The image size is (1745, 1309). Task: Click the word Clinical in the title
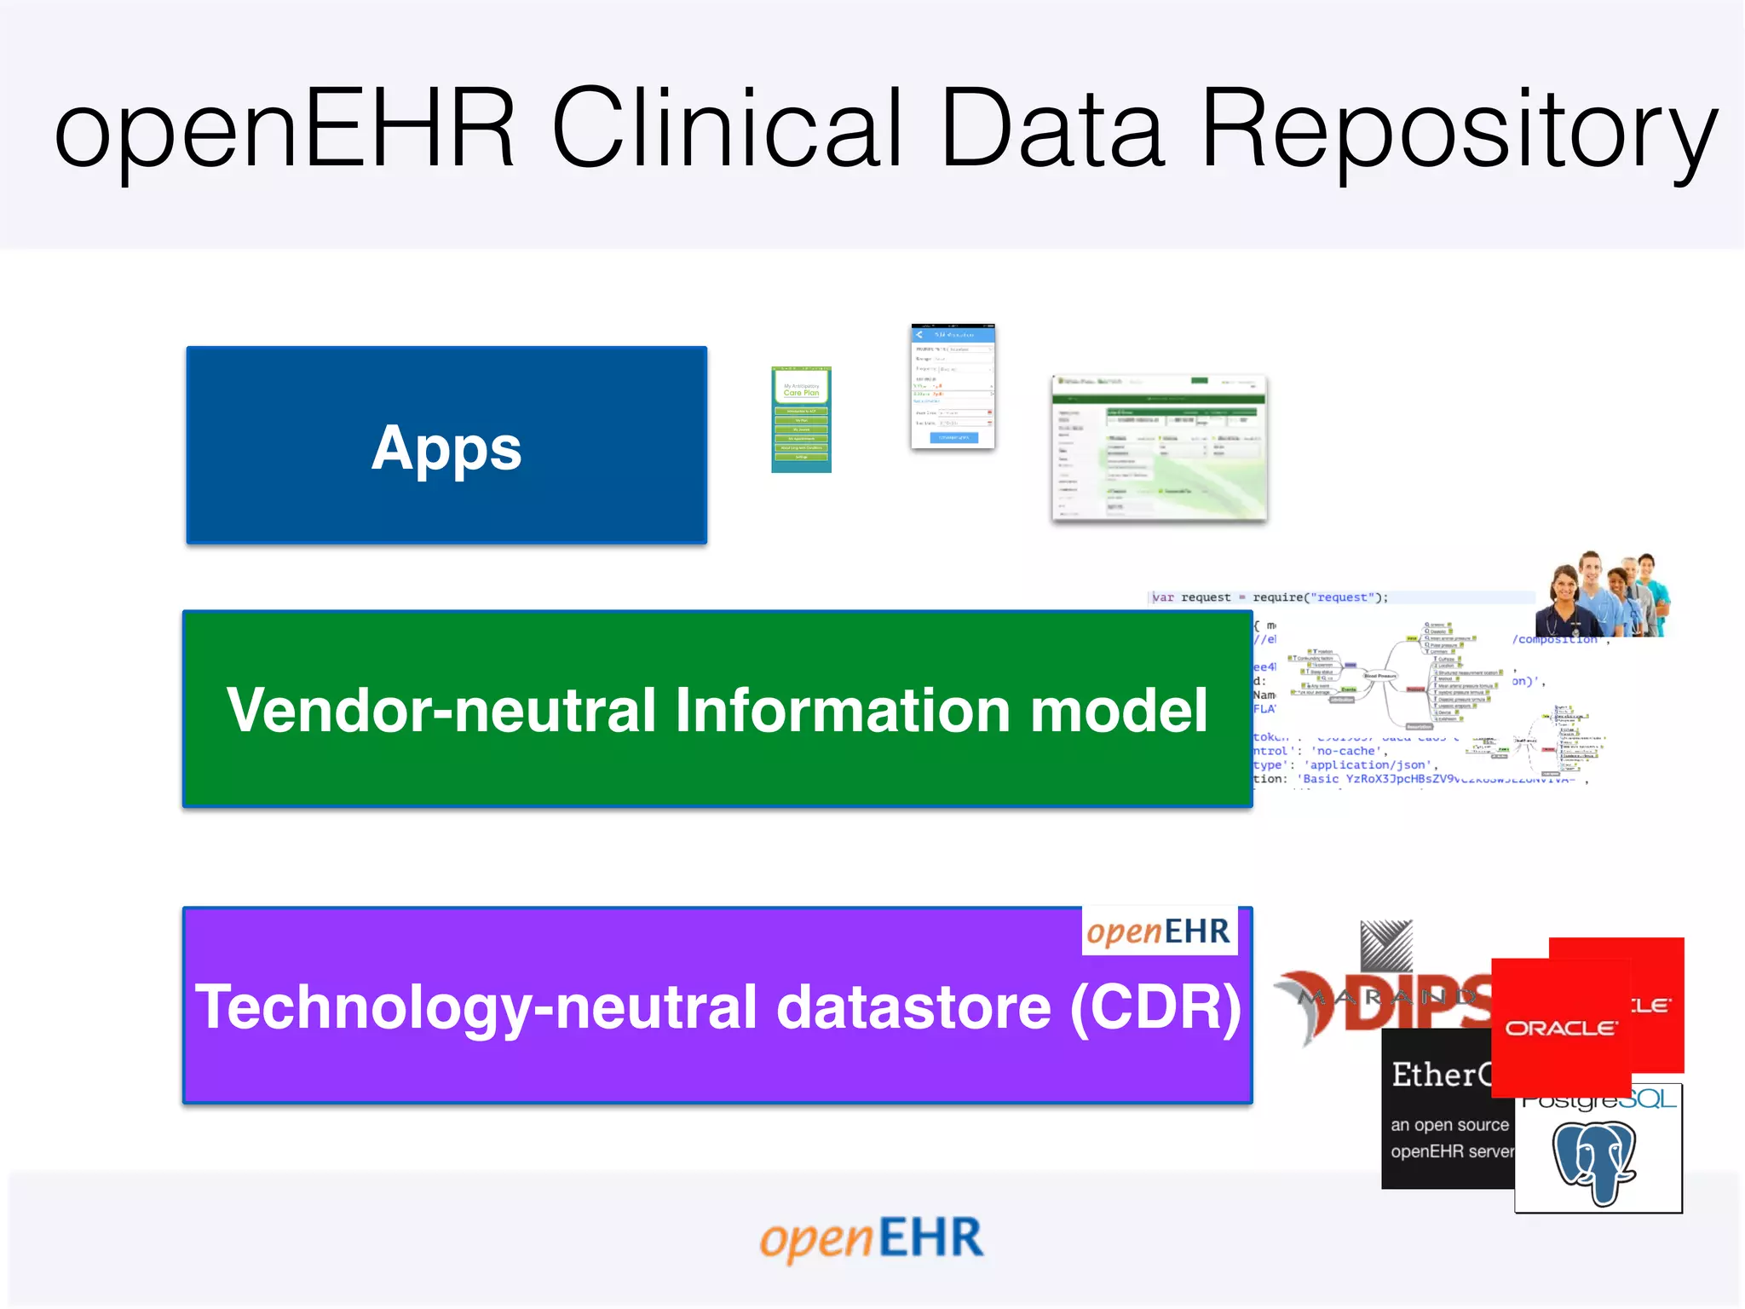coord(726,130)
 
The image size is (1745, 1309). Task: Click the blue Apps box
coord(446,446)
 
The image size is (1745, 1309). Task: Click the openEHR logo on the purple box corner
coord(1159,931)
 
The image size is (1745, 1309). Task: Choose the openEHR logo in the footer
coord(872,1239)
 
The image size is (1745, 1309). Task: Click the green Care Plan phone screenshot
coord(801,419)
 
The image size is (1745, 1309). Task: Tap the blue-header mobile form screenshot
coord(953,386)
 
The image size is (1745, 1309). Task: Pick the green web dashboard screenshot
coord(1159,448)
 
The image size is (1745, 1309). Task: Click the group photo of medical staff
coord(1602,595)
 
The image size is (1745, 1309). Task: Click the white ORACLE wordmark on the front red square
coord(1560,1029)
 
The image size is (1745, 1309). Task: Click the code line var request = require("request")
coord(1270,597)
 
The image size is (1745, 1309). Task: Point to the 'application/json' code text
coord(1368,765)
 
